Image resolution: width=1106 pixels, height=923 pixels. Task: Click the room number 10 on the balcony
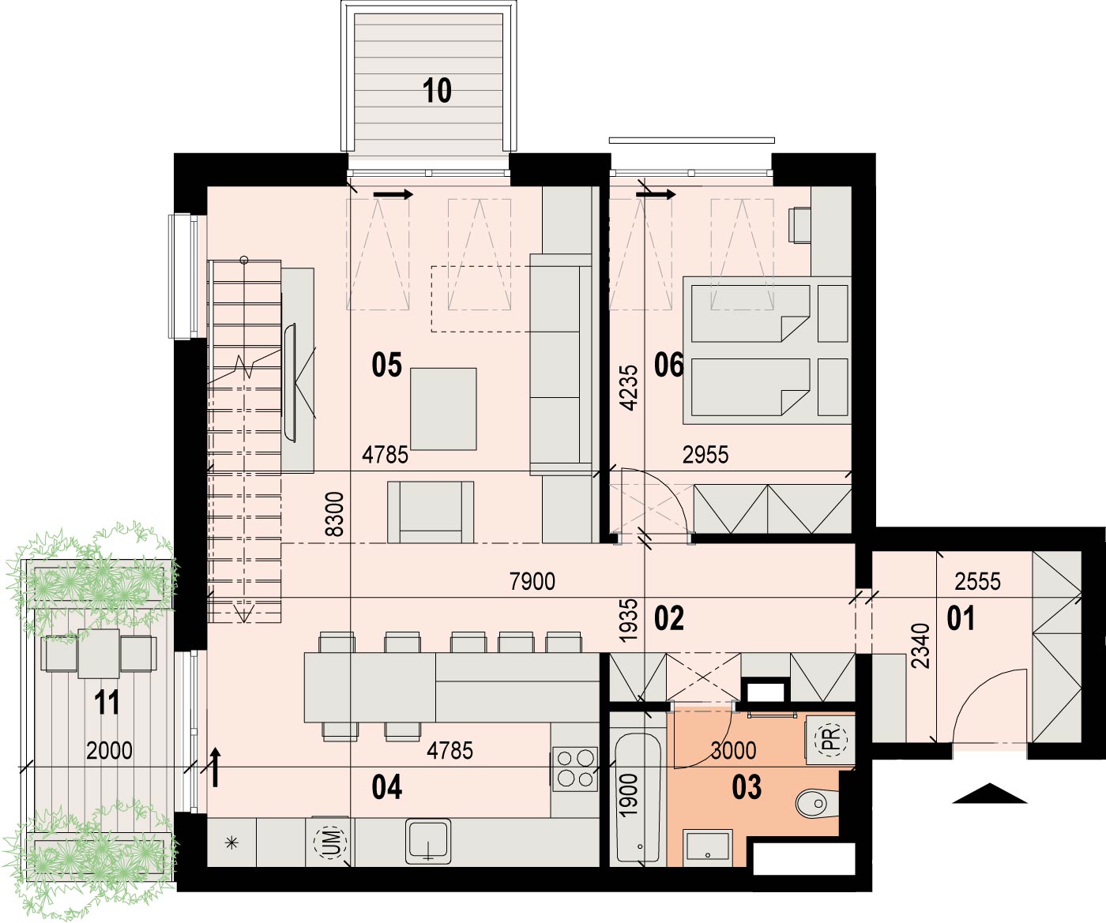(438, 91)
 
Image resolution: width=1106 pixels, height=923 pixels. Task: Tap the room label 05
(386, 365)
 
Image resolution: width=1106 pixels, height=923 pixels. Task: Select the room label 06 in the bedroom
(669, 366)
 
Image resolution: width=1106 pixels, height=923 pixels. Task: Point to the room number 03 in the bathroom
(747, 787)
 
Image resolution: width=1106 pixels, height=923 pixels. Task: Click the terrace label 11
(107, 703)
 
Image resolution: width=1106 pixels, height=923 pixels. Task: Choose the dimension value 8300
(336, 514)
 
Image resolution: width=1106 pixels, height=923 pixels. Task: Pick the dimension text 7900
(532, 582)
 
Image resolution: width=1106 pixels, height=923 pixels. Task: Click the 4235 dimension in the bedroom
(629, 388)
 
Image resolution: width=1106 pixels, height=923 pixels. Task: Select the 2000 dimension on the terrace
(109, 750)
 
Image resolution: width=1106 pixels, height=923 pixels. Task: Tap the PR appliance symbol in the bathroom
(830, 738)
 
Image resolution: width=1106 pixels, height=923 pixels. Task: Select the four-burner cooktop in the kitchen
(574, 769)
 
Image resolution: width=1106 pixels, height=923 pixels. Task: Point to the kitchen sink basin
(428, 841)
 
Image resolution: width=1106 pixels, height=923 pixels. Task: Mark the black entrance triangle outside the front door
(989, 794)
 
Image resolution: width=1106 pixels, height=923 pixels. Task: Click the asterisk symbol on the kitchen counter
(231, 842)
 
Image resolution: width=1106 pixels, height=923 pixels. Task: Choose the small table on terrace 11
(99, 654)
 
